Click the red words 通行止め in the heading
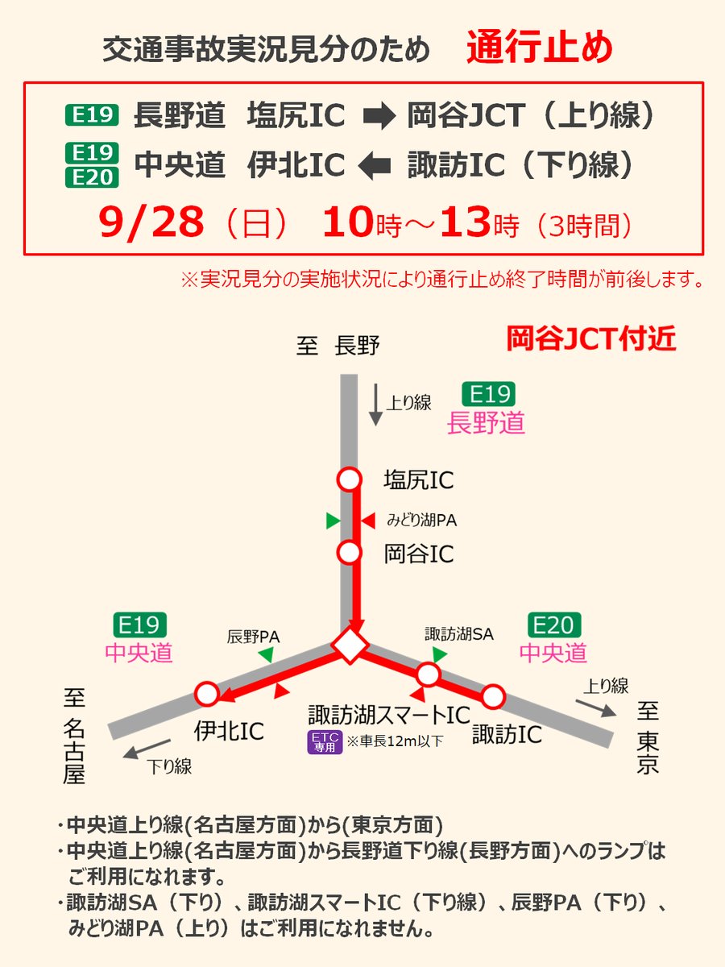click(x=540, y=48)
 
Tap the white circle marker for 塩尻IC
click(x=349, y=479)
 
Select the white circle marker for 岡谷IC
click(x=349, y=553)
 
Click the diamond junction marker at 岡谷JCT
click(x=350, y=645)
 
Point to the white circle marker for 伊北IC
click(x=207, y=693)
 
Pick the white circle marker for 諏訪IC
click(x=493, y=695)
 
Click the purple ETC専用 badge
click(x=325, y=742)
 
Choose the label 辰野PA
click(x=253, y=637)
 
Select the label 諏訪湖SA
click(x=458, y=634)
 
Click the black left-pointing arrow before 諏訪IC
click(x=376, y=166)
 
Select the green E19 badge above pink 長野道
click(x=488, y=394)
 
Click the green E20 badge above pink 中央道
click(x=554, y=625)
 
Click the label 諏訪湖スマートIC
click(x=389, y=715)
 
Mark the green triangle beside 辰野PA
click(x=264, y=657)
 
